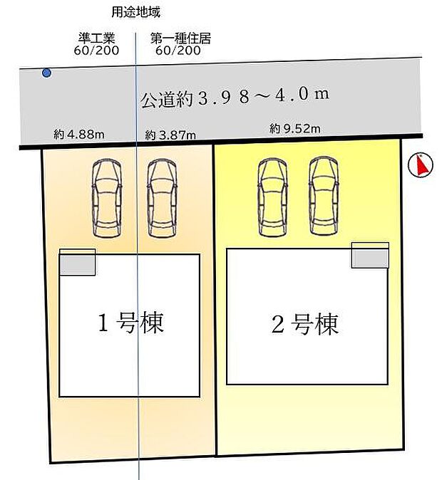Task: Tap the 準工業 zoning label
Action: pos(96,39)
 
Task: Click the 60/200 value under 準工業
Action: pos(96,51)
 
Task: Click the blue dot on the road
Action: pos(46,73)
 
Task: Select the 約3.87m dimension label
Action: pos(170,134)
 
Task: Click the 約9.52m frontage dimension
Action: pos(295,129)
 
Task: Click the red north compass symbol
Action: pos(421,165)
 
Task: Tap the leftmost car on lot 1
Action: pos(106,197)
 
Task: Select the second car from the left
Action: pos(161,197)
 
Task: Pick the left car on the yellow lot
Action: pos(272,196)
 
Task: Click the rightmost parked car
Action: pos(322,196)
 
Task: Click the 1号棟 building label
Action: pos(130,324)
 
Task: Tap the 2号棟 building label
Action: pos(304,325)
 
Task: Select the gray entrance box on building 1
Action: pos(77,265)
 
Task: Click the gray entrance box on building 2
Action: pos(370,258)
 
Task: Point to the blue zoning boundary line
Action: pos(138,427)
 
